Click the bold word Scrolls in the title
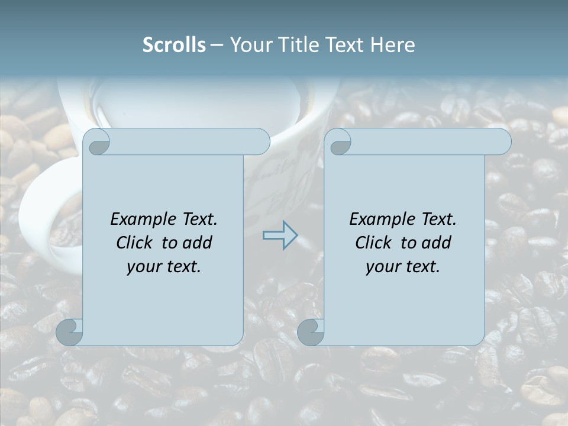pyautogui.click(x=175, y=45)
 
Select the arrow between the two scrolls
pyautogui.click(x=280, y=235)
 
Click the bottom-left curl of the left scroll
pyautogui.click(x=69, y=331)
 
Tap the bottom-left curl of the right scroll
pyautogui.click(x=311, y=331)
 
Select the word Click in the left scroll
pyautogui.click(x=135, y=243)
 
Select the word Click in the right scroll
pyautogui.click(x=373, y=243)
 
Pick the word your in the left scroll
pyautogui.click(x=143, y=267)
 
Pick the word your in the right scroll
pyautogui.click(x=382, y=267)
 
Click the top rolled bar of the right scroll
pyautogui.click(x=426, y=141)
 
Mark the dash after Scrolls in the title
pyautogui.click(x=217, y=45)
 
